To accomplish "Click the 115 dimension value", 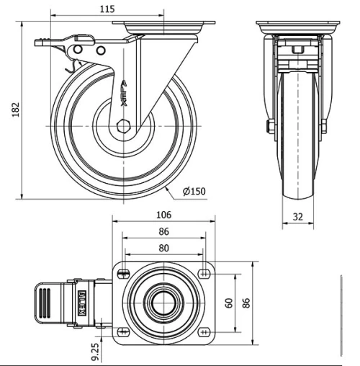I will click(107, 9).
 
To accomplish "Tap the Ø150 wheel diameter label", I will click(194, 191).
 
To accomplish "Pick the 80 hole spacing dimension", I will click(164, 247).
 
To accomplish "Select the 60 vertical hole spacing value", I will click(230, 303).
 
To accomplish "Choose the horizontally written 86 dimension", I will click(163, 231).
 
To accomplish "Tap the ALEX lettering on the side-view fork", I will click(125, 93).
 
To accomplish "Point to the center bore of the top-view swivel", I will click(164, 303).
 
